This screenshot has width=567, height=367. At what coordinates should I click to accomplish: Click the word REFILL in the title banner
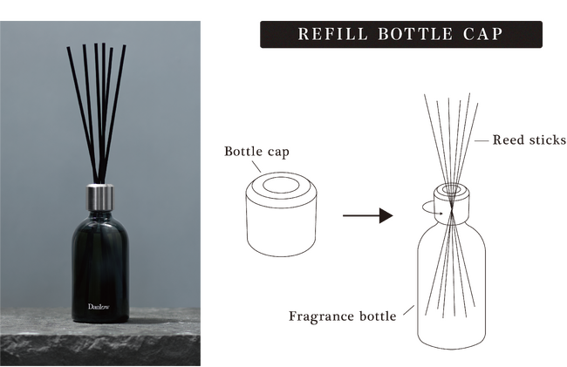pyautogui.click(x=332, y=34)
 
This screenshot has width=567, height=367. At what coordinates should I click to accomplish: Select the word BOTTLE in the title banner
pyautogui.click(x=416, y=34)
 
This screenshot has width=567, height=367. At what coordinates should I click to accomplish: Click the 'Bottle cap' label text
pyautogui.click(x=256, y=151)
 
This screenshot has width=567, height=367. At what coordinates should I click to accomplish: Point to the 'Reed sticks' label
pyautogui.click(x=529, y=139)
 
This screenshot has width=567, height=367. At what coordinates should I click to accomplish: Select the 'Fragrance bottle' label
pyautogui.click(x=342, y=316)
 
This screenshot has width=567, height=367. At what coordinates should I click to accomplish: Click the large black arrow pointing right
pyautogui.click(x=368, y=215)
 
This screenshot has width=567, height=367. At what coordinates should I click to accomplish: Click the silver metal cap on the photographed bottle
pyautogui.click(x=99, y=198)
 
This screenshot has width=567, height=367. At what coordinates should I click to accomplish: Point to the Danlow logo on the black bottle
pyautogui.click(x=99, y=307)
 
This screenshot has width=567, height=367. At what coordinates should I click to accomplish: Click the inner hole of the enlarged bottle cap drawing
pyautogui.click(x=282, y=185)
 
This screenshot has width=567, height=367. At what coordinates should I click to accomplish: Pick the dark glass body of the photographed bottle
pyautogui.click(x=100, y=268)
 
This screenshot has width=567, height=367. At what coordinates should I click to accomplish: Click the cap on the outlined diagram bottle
pyautogui.click(x=451, y=201)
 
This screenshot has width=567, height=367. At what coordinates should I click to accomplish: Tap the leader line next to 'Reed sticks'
pyautogui.click(x=482, y=141)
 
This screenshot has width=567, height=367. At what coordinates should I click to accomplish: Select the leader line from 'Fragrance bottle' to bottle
pyautogui.click(x=408, y=310)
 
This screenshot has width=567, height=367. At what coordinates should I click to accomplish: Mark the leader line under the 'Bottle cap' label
pyautogui.click(x=256, y=167)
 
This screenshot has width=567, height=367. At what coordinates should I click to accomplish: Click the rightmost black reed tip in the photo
pyautogui.click(x=125, y=46)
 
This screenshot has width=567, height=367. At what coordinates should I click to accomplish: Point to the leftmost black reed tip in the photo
pyautogui.click(x=68, y=48)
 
